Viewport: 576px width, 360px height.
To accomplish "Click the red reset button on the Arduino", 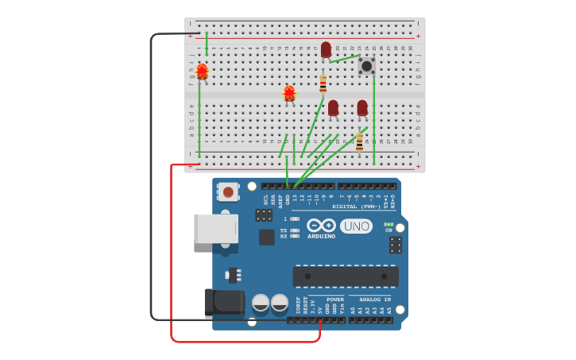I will pyautogui.click(x=228, y=191).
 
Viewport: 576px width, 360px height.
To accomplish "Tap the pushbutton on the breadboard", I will pyautogui.click(x=366, y=65).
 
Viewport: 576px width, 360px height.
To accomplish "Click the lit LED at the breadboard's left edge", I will pyautogui.click(x=202, y=72).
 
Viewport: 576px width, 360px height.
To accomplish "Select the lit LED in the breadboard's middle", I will pyautogui.click(x=289, y=93).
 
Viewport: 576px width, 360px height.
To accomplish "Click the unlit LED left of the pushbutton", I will pyautogui.click(x=326, y=49).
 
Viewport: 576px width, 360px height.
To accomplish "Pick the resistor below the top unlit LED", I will pyautogui.click(x=323, y=83).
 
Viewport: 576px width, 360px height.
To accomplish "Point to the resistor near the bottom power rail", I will pyautogui.click(x=359, y=142).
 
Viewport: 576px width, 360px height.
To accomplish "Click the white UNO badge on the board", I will pyautogui.click(x=356, y=226).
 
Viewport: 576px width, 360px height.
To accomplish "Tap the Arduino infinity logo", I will pyautogui.click(x=321, y=225).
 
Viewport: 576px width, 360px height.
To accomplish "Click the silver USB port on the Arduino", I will pyautogui.click(x=216, y=229).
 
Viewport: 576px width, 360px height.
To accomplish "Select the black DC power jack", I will pyautogui.click(x=224, y=302).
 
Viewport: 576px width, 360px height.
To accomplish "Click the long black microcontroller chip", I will pyautogui.click(x=346, y=276).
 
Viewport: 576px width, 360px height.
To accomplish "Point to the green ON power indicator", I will pyautogui.click(x=389, y=224).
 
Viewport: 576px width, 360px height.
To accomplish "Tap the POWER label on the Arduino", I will pyautogui.click(x=335, y=300).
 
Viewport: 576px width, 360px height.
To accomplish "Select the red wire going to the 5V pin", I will pyautogui.click(x=172, y=254).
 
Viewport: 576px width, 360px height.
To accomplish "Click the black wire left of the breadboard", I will pyautogui.click(x=151, y=175).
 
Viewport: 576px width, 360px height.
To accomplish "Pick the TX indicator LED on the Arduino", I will pyautogui.click(x=295, y=230).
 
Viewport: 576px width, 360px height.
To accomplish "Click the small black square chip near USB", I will pyautogui.click(x=266, y=237).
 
